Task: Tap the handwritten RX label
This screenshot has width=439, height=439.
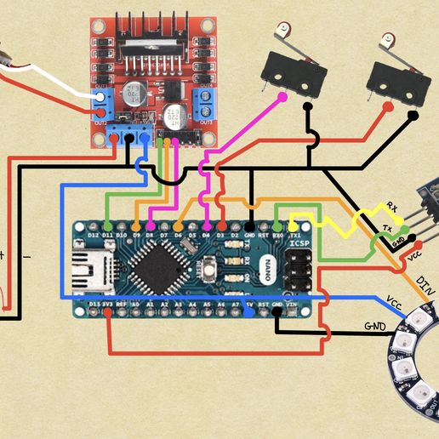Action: (x=391, y=206)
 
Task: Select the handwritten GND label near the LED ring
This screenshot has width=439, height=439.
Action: (x=375, y=326)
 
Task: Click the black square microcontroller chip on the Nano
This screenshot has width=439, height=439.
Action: (x=154, y=266)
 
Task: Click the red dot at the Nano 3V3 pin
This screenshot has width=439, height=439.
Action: (x=108, y=311)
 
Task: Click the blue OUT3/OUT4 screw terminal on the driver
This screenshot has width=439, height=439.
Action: (x=204, y=101)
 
